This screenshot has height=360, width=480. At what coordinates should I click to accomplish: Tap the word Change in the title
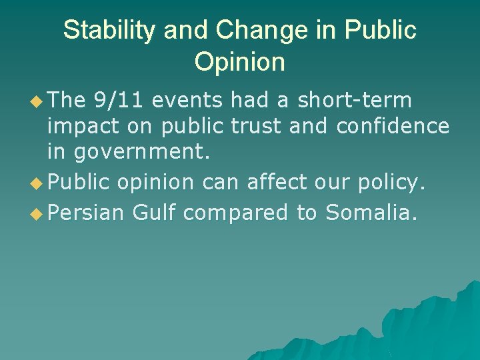(x=248, y=31)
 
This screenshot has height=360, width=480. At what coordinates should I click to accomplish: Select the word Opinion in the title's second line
(x=239, y=62)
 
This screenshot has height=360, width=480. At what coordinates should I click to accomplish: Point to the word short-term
(x=355, y=101)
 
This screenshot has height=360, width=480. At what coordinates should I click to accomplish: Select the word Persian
(x=86, y=212)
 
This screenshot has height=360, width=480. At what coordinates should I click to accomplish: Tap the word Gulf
(x=154, y=212)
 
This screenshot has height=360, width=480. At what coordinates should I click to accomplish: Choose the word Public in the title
(x=381, y=31)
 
